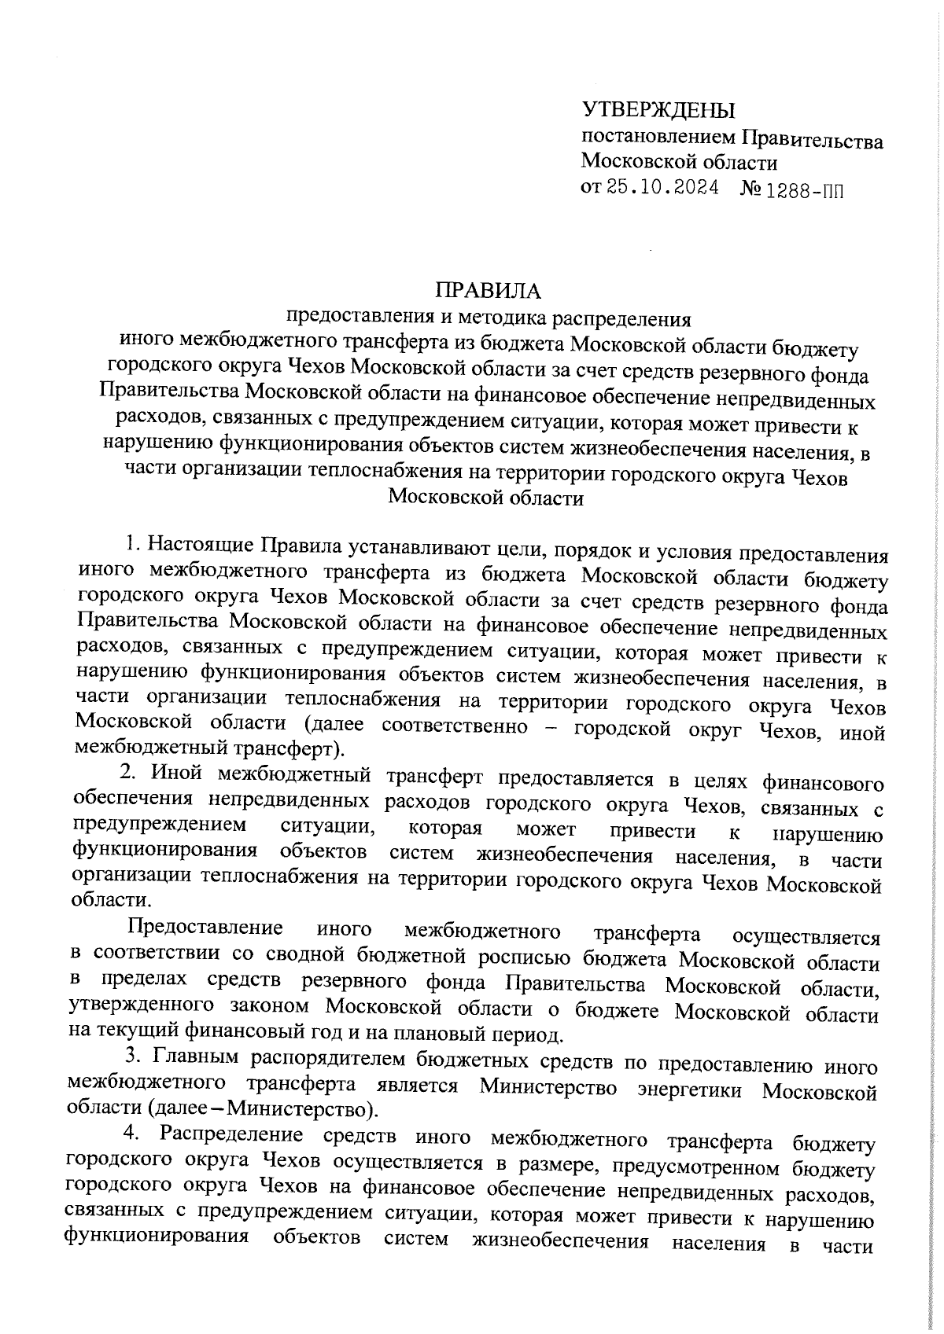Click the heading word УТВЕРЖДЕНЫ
point(658,110)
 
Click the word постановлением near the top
point(658,140)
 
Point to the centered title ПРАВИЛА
point(489,292)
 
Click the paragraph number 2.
point(126,772)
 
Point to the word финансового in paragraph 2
point(823,783)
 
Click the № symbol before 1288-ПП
point(751,190)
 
